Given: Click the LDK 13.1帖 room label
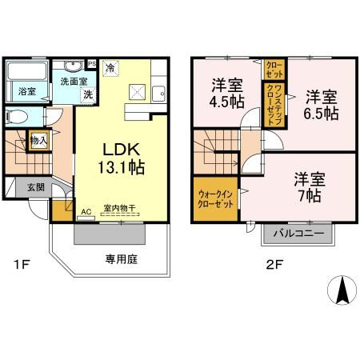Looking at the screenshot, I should [122, 158].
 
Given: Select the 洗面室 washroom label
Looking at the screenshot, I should [74, 81].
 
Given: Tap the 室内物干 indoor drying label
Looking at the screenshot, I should [119, 209].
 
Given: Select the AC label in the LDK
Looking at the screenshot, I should [86, 211].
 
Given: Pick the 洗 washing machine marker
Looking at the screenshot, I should [88, 94].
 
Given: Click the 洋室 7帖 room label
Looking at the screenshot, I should [308, 186].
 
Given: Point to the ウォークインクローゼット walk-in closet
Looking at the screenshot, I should [214, 196].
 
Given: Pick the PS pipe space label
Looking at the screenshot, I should [92, 64].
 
